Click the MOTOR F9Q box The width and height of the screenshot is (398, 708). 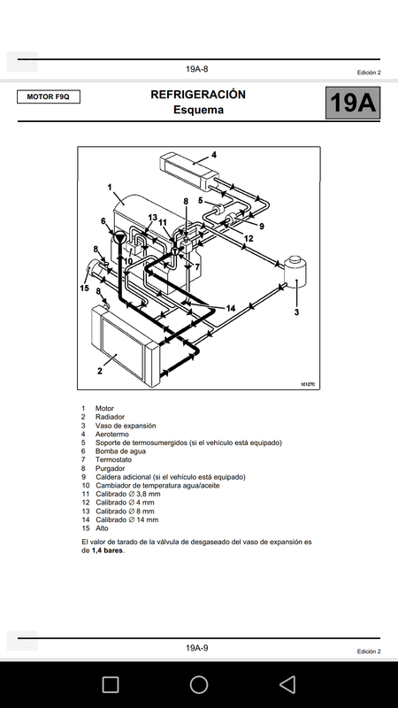[x=49, y=96]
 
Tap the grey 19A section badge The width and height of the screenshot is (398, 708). [x=353, y=103]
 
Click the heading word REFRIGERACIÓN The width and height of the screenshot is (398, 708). [x=198, y=95]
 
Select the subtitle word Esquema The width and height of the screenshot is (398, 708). [x=198, y=110]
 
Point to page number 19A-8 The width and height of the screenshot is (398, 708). [x=196, y=69]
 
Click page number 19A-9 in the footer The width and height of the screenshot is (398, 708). [x=196, y=648]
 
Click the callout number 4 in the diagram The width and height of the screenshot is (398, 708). [x=214, y=155]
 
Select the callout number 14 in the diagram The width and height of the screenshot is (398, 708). [x=231, y=308]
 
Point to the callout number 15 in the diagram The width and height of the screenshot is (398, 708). [x=84, y=289]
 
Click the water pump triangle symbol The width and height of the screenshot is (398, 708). [x=119, y=237]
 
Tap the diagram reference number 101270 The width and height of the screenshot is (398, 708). [x=307, y=385]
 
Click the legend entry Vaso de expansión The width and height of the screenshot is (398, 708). [x=126, y=426]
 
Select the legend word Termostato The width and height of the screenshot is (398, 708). [x=113, y=459]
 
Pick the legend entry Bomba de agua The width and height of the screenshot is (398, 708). [x=120, y=451]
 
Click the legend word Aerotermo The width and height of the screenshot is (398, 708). [x=112, y=434]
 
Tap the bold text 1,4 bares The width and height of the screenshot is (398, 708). [x=107, y=550]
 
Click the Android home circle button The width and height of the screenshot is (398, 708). [x=198, y=684]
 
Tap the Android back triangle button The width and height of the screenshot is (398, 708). [x=287, y=684]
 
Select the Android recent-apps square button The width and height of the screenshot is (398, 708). [x=110, y=684]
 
